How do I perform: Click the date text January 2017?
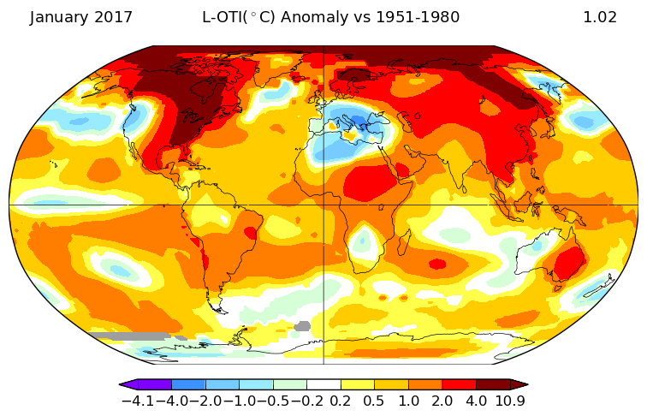(80, 17)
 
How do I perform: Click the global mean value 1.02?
(600, 17)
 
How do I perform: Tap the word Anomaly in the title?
(314, 17)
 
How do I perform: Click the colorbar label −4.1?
(139, 401)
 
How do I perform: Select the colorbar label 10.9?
(510, 401)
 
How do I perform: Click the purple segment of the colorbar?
(155, 384)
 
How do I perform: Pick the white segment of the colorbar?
(323, 384)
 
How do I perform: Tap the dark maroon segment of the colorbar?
(494, 384)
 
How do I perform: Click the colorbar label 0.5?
(374, 401)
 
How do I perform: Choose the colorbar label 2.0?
(442, 401)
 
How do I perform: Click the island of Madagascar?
(404, 242)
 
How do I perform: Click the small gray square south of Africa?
(302, 326)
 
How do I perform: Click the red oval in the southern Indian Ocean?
(437, 264)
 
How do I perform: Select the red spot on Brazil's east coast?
(251, 233)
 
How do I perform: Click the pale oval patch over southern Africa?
(364, 242)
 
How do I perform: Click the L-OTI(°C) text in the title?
(238, 17)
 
